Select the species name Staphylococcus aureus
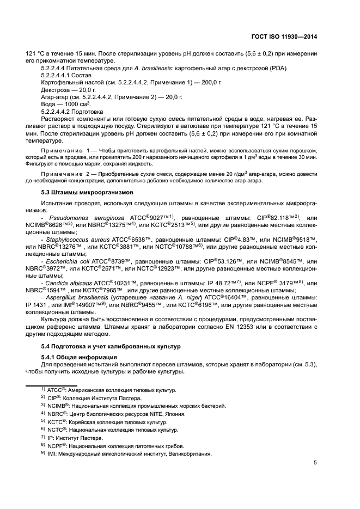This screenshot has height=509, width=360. pos(77,240)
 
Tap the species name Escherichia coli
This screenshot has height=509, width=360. pos(68,262)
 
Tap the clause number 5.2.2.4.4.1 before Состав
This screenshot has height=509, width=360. pos(58,75)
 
